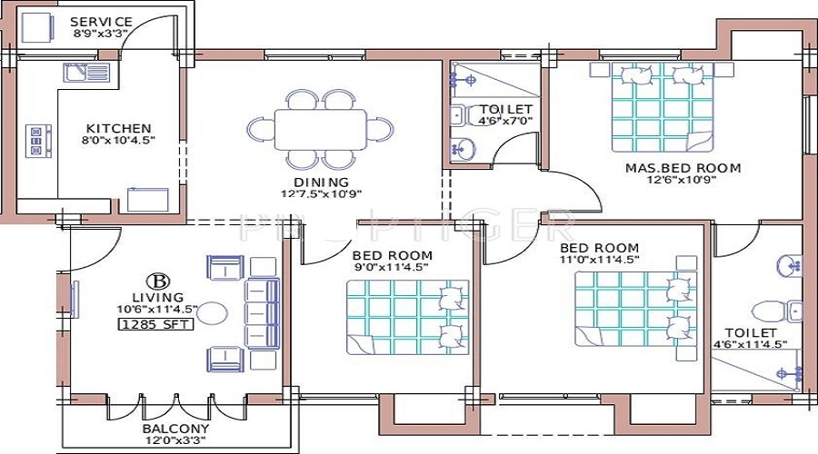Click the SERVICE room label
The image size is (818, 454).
(x=101, y=22)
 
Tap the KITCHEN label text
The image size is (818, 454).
(x=118, y=128)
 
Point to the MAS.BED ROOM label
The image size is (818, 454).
(x=682, y=168)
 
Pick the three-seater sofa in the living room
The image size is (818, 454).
(x=262, y=310)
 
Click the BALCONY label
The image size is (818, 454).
(x=176, y=429)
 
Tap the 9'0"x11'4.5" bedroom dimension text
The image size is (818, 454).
(x=393, y=267)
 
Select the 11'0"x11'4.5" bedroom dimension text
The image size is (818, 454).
(x=599, y=260)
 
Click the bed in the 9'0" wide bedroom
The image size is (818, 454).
(x=407, y=316)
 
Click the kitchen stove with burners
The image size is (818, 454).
(x=36, y=142)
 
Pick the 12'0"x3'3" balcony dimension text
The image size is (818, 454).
(x=176, y=442)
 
